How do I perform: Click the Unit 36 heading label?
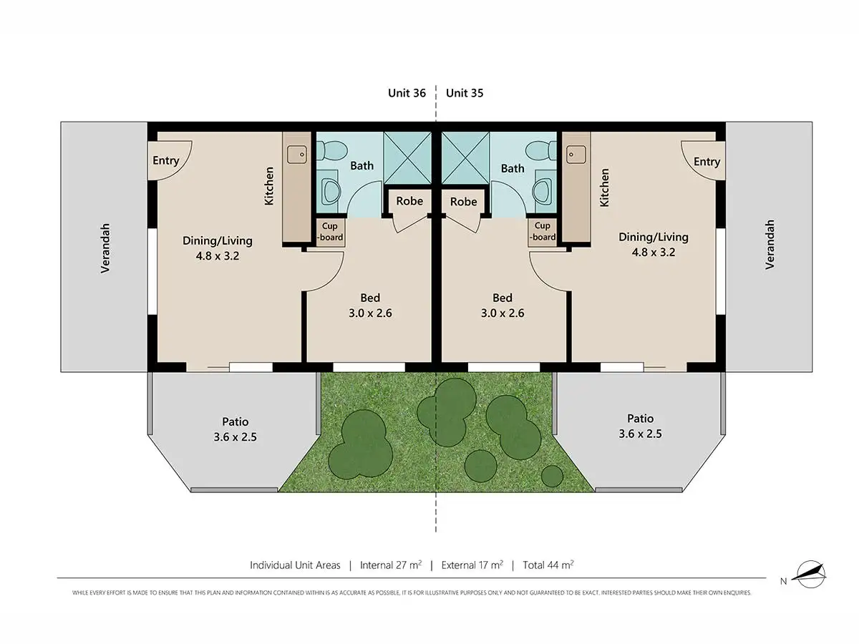[407, 93]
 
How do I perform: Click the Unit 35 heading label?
[465, 93]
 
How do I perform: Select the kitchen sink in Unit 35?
[575, 153]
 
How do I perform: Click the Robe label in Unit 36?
[409, 201]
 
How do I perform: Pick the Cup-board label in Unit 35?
[543, 232]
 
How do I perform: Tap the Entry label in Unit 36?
[165, 160]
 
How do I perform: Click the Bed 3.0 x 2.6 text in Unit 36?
[370, 305]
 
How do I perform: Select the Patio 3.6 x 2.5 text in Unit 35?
[640, 426]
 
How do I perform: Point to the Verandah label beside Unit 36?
[105, 248]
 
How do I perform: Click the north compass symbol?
[812, 572]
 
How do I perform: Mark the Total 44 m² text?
[548, 565]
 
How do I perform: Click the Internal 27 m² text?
[390, 565]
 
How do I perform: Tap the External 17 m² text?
[472, 565]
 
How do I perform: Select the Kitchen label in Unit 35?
[604, 187]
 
